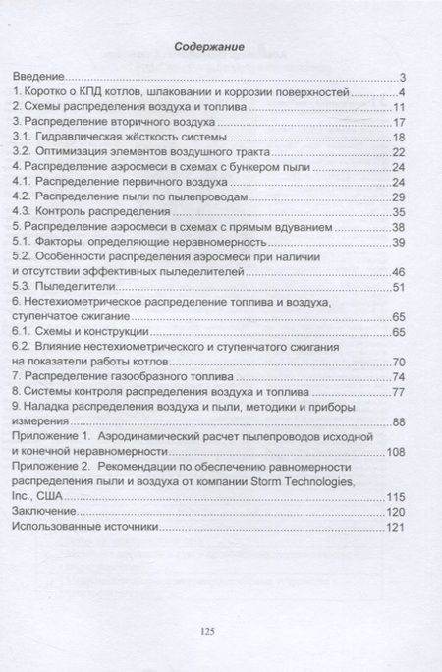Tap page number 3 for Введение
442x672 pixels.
pyautogui.click(x=403, y=77)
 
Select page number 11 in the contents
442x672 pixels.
pyautogui.click(x=399, y=107)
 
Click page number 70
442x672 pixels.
pyautogui.click(x=399, y=363)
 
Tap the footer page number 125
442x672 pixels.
pyautogui.click(x=206, y=631)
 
